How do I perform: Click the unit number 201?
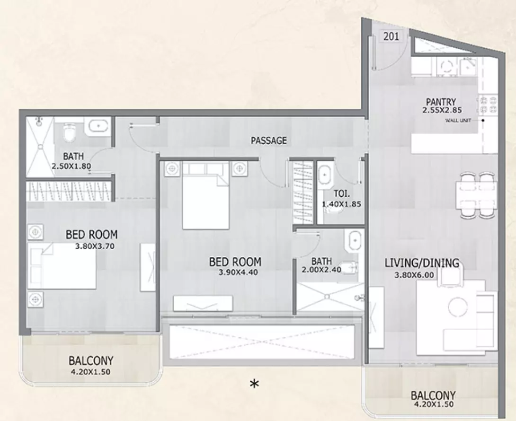(391, 36)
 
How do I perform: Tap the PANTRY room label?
(441, 102)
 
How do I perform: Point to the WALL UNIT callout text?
(458, 120)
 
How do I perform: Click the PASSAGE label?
(268, 141)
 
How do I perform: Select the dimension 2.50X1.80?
(71, 166)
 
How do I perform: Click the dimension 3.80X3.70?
(95, 246)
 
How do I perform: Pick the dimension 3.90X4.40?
(238, 272)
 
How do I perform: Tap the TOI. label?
(342, 193)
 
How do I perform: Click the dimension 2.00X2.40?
(321, 270)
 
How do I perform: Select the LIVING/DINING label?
(422, 263)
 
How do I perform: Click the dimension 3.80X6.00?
(414, 275)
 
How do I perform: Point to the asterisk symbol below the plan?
(254, 384)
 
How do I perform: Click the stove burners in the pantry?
(488, 105)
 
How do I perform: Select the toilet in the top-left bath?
(69, 132)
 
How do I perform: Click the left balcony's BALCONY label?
(91, 361)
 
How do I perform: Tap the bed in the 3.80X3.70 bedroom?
(62, 266)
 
